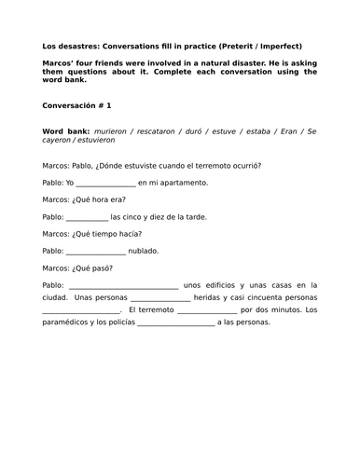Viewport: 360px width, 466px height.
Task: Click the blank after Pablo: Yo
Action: pyautogui.click(x=104, y=183)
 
